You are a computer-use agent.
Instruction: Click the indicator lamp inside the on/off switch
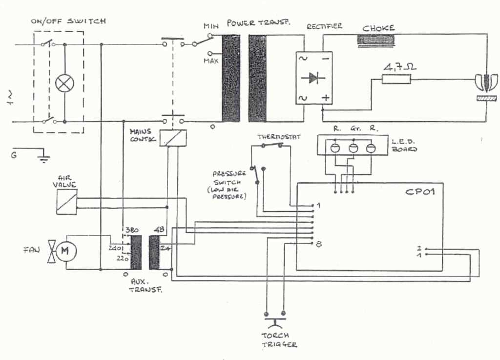(x=64, y=83)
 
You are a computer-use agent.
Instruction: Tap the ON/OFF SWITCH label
(x=68, y=21)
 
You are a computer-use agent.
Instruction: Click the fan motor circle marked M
(x=66, y=252)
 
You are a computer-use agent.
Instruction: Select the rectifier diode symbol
(x=313, y=78)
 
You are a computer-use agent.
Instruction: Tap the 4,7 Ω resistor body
(x=396, y=79)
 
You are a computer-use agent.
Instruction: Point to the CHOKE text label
(x=378, y=28)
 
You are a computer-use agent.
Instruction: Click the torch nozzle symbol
(x=486, y=83)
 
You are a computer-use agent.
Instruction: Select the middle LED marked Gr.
(x=353, y=148)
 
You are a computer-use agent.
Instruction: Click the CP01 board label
(x=420, y=191)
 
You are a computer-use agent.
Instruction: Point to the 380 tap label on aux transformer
(x=131, y=230)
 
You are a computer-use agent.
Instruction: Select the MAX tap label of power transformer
(x=210, y=61)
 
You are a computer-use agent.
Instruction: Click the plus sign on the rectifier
(x=325, y=98)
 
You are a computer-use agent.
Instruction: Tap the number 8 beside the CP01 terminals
(x=319, y=244)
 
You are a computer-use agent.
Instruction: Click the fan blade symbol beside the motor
(x=51, y=252)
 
